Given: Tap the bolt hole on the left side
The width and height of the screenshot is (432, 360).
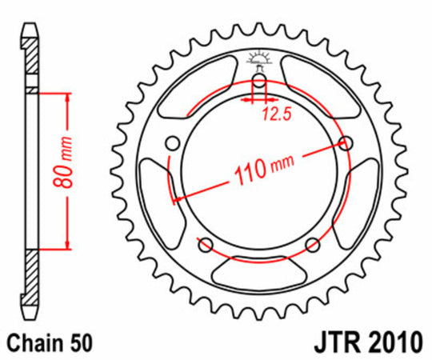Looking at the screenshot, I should tap(171, 145).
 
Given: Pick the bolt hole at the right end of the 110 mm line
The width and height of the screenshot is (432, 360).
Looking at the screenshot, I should tap(346, 144).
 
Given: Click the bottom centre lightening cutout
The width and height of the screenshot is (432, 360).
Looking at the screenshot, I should tap(258, 268).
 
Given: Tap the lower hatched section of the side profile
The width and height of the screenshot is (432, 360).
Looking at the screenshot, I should tap(30, 280).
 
